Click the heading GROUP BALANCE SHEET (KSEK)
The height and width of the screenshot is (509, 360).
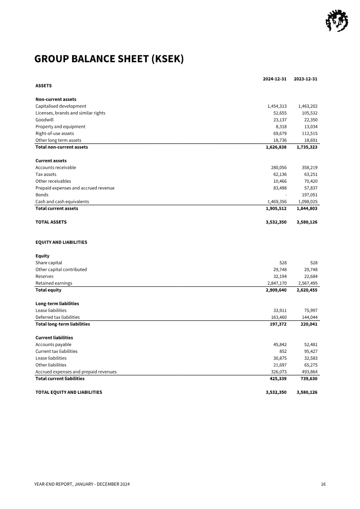109,59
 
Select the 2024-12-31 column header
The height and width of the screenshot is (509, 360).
274,79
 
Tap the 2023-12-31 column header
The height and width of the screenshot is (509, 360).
306,79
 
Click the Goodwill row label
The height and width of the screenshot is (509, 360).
45,120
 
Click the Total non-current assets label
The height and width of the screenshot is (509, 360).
62,147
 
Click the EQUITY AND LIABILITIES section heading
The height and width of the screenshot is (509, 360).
61,242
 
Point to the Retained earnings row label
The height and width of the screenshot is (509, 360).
54,283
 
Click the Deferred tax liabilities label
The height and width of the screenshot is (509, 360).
58,317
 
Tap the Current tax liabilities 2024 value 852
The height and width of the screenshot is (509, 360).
283,351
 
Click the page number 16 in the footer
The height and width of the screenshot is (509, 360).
323,484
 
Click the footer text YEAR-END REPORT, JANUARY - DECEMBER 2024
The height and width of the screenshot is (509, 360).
82,484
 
